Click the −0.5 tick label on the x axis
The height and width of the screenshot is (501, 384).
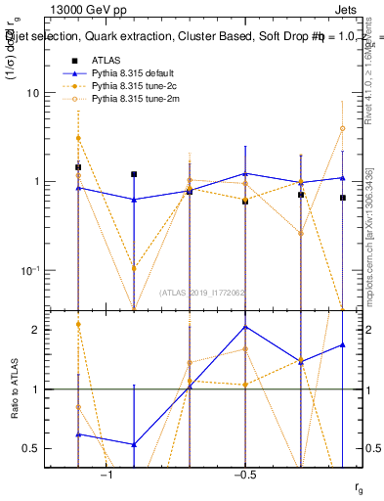(x=244, y=474)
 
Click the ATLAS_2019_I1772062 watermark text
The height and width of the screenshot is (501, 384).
(x=203, y=292)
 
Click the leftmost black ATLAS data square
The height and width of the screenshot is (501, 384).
(x=78, y=167)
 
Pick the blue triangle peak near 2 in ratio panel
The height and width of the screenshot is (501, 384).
(x=245, y=327)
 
